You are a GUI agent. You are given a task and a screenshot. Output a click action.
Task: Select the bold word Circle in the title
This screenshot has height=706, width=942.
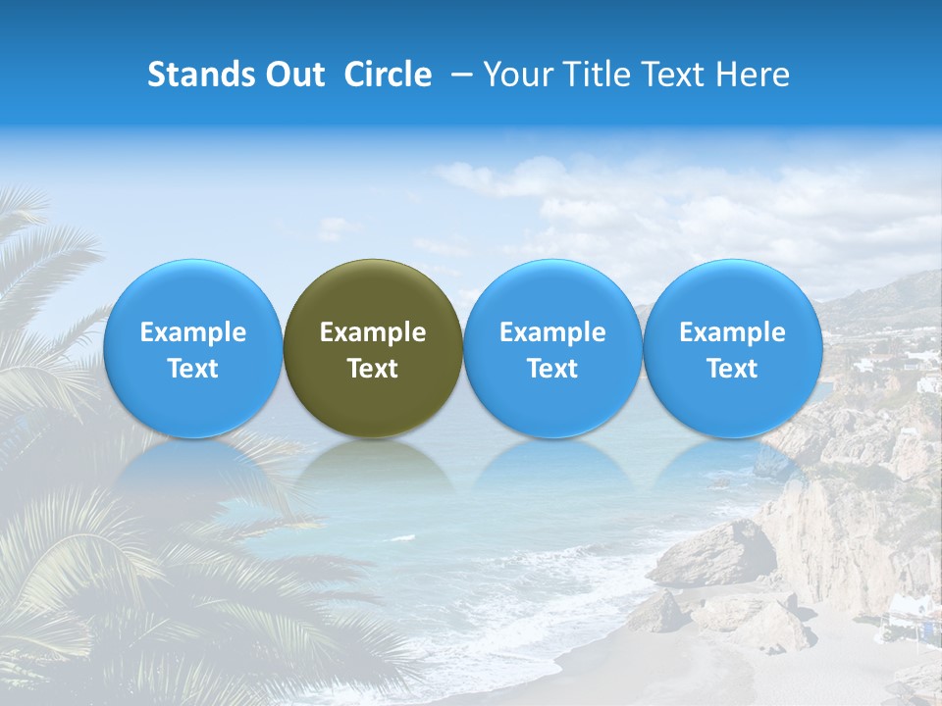pos(388,76)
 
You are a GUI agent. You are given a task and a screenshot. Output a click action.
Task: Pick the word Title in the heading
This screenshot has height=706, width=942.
pos(597,76)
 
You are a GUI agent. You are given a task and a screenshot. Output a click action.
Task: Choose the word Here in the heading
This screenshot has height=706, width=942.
pos(751,76)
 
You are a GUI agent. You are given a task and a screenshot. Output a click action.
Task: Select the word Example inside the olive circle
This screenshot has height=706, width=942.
pos(373,332)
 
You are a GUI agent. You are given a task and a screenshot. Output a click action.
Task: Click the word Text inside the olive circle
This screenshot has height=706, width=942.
pos(373,369)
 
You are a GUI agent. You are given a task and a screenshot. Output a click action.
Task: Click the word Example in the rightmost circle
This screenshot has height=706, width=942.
pos(733,332)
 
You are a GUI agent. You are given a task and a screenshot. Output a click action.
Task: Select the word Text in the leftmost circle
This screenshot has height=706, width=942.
pos(193,369)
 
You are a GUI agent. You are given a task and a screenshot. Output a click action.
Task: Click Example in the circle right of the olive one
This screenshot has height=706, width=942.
pos(552,332)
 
